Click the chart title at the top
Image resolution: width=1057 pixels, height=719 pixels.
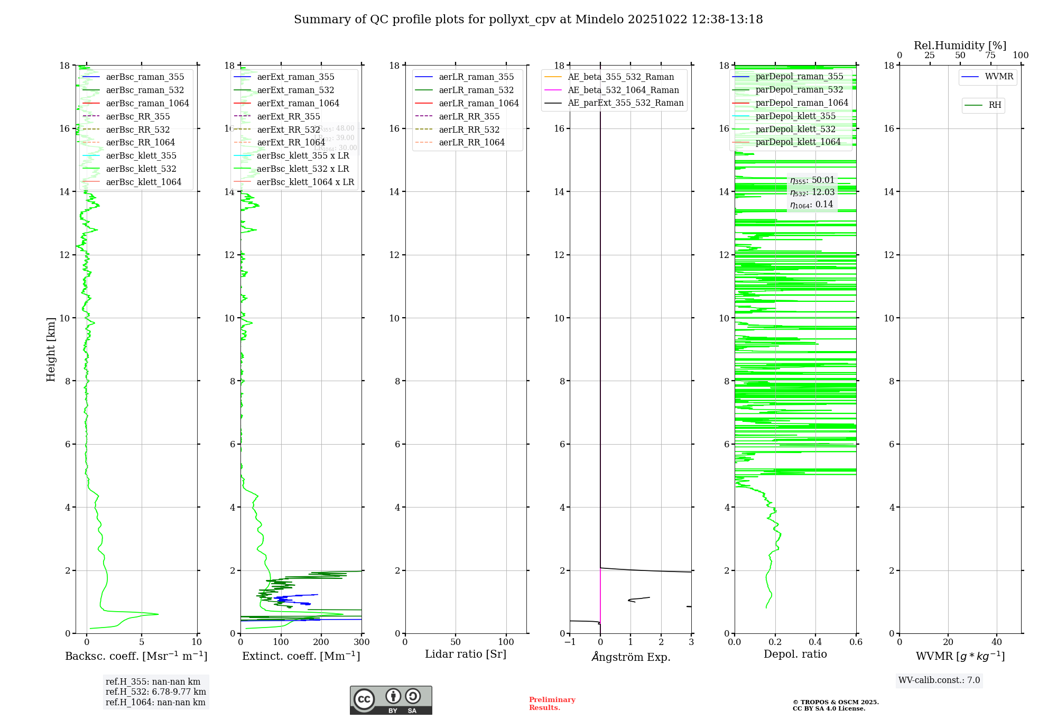528,20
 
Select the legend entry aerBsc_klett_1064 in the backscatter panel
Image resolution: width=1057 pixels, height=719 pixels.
143,182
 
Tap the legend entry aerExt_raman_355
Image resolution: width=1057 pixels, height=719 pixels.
295,77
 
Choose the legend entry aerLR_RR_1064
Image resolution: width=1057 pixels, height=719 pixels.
471,143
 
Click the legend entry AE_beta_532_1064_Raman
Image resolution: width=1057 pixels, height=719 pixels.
623,90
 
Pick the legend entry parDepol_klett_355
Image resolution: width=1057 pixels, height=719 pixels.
795,116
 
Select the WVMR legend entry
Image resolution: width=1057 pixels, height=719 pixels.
998,77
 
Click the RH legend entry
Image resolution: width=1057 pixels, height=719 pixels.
995,105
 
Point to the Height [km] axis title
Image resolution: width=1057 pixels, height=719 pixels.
51,349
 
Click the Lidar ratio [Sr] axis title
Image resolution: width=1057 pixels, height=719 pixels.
466,654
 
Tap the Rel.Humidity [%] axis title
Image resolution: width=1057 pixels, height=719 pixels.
960,45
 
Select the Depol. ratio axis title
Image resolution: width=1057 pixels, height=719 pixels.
795,654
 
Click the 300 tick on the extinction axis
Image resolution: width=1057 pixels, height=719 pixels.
362,642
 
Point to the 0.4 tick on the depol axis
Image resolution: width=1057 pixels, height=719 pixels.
815,642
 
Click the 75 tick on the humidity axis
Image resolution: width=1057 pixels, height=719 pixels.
990,56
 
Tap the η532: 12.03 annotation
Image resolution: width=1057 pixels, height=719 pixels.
812,192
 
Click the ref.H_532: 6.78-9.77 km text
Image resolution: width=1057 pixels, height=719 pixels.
155,692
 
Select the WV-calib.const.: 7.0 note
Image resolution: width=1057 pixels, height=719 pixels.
939,680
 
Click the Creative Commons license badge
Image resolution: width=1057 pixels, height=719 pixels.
391,700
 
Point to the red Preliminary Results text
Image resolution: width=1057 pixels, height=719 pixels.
552,704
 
